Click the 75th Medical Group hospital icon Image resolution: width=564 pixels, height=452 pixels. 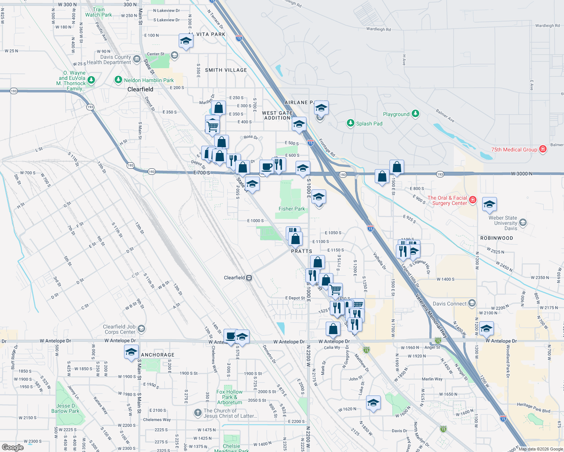coord(543,149)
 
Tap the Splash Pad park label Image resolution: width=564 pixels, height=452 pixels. coord(369,124)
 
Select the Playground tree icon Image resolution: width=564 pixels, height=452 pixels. coord(415,113)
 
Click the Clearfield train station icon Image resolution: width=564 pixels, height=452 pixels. coord(249,278)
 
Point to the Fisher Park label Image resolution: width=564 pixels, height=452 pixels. coord(291,209)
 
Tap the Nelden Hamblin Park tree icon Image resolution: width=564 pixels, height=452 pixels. coord(118,80)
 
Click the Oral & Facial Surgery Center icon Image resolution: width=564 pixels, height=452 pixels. coord(473,200)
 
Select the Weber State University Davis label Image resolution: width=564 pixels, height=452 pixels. coord(503,223)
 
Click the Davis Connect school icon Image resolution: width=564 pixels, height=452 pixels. coord(472,303)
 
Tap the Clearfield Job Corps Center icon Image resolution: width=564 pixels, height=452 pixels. coord(141,329)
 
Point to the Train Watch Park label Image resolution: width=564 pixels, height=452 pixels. coord(98,12)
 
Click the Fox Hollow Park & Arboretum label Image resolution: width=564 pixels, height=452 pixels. coord(229,397)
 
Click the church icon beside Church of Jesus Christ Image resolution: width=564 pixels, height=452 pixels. coord(198,413)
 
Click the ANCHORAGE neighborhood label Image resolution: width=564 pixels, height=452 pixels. coord(158,355)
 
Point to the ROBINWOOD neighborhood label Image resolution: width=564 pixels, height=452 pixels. coord(497,238)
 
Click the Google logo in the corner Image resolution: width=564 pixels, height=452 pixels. coord(12,447)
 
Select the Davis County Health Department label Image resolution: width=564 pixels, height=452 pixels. coord(109,60)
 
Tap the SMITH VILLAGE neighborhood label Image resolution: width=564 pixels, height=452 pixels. coord(226,70)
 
